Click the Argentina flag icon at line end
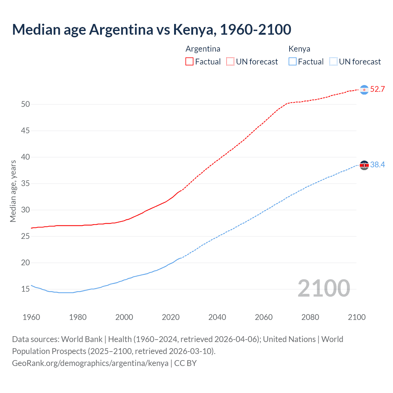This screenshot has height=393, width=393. click(x=364, y=90)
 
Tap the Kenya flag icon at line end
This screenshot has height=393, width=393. click(x=364, y=165)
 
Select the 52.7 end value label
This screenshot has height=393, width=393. click(x=377, y=89)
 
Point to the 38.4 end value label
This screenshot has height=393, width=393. click(x=377, y=165)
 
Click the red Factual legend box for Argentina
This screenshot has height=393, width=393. click(x=189, y=61)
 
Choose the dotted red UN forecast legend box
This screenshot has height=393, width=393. click(x=230, y=61)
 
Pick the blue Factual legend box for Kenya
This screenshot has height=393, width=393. click(x=293, y=61)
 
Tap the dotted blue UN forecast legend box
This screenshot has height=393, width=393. click(x=333, y=61)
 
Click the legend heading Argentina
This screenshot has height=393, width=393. click(x=203, y=49)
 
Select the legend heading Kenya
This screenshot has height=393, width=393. click(x=299, y=49)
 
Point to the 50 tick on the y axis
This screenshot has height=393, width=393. click(x=25, y=104)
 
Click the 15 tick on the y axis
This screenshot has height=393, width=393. click(x=25, y=289)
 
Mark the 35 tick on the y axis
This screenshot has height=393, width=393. click(x=25, y=184)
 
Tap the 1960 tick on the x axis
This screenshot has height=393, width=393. click(x=31, y=317)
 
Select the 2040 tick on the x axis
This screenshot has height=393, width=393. click(x=217, y=317)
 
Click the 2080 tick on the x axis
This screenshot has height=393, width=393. click(x=310, y=317)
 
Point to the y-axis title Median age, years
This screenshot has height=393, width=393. click(x=13, y=191)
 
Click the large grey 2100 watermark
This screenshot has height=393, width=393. click(x=324, y=288)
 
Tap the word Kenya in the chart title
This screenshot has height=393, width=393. click(x=193, y=29)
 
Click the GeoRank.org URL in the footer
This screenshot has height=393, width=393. click(x=90, y=363)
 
